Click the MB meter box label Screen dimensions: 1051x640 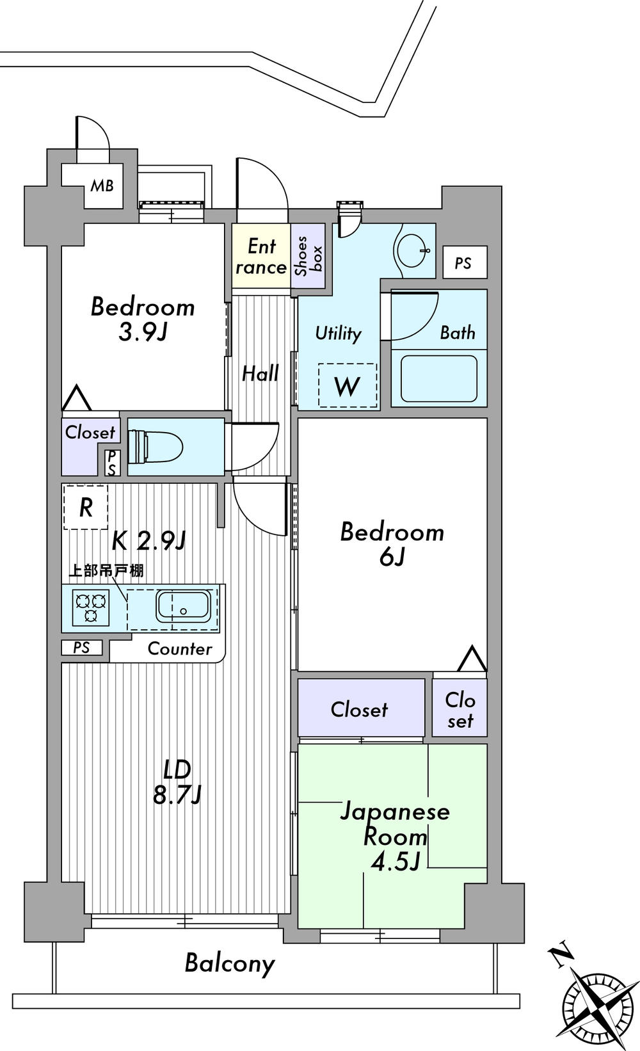[x=102, y=186]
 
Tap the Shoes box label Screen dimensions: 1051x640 [x=308, y=256]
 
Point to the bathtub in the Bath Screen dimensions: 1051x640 [x=438, y=378]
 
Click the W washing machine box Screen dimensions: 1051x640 [x=348, y=386]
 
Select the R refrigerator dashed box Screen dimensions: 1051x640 [x=86, y=508]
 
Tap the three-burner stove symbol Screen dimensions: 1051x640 [x=90, y=609]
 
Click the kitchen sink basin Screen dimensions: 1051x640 [x=183, y=606]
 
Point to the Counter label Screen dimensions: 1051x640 [x=179, y=649]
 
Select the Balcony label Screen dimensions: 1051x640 [x=230, y=963]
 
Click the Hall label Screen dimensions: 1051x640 [x=260, y=373]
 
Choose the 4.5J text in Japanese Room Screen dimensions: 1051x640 [x=396, y=862]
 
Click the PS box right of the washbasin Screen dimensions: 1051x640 [x=464, y=262]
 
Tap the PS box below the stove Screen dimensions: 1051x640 [x=81, y=648]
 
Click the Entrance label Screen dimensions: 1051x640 [x=260, y=256]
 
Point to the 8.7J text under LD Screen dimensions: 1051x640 [x=177, y=794]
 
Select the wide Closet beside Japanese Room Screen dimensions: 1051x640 [x=360, y=709]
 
